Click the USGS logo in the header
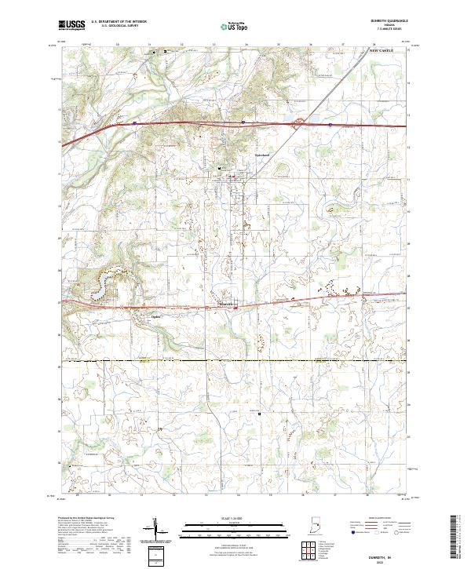pos(72,24)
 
